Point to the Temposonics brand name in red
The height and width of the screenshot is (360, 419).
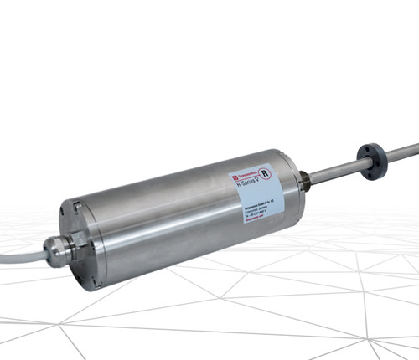pos(247,176)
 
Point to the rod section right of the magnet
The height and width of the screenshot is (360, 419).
pos(398,152)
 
